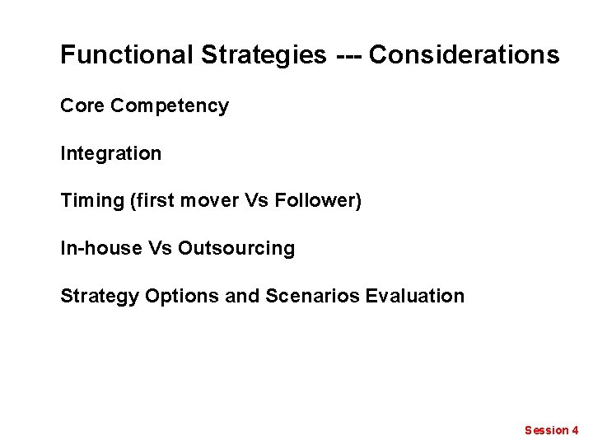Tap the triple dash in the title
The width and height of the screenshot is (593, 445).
pyautogui.click(x=348, y=55)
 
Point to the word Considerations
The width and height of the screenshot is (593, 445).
pyautogui.click(x=464, y=55)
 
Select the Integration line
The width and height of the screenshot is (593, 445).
pyautogui.click(x=111, y=153)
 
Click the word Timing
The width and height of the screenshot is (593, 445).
pyautogui.click(x=92, y=200)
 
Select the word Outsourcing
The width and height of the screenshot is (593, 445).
pyautogui.click(x=236, y=248)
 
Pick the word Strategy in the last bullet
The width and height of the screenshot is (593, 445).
pyautogui.click(x=100, y=296)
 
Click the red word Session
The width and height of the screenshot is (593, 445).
pyautogui.click(x=546, y=430)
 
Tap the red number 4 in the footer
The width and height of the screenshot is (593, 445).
pyautogui.click(x=575, y=430)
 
